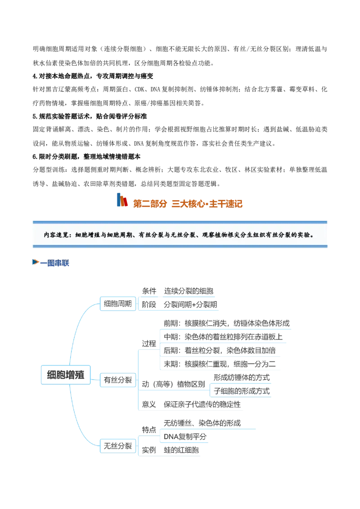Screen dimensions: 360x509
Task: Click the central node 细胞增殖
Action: click(x=66, y=375)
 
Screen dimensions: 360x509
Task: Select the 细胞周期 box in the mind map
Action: click(x=117, y=304)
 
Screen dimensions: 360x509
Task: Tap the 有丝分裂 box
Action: click(x=117, y=380)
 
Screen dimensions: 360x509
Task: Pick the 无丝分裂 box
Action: click(x=117, y=446)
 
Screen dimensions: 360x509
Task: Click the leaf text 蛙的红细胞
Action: click(x=181, y=450)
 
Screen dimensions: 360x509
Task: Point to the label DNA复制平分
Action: click(x=185, y=437)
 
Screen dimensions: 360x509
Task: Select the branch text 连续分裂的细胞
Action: click(x=189, y=291)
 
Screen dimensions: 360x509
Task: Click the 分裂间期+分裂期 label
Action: click(x=190, y=304)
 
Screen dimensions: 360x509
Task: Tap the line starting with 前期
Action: click(x=226, y=323)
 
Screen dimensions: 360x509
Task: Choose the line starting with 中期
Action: click(x=223, y=337)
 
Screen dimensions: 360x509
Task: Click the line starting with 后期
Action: click(x=220, y=351)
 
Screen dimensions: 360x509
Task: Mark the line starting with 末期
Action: click(x=220, y=364)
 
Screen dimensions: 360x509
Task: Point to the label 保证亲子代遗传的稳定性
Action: click(x=202, y=405)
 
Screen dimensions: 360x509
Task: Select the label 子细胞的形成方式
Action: click(x=242, y=391)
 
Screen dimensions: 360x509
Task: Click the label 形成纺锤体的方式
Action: click(x=242, y=378)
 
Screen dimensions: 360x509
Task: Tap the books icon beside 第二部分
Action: click(x=122, y=200)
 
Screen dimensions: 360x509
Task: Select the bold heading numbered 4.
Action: click(x=93, y=76)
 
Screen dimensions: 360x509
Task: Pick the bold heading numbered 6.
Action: click(x=86, y=157)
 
